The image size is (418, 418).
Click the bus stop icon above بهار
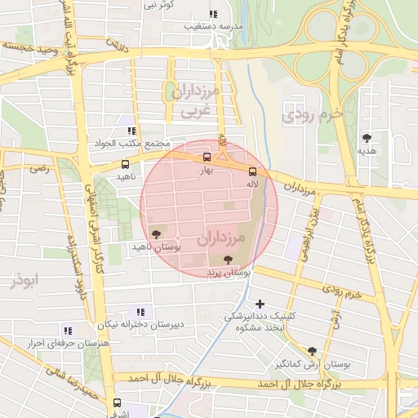click(206, 157)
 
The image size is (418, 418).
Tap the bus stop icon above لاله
click(252, 171)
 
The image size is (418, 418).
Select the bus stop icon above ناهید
click(124, 164)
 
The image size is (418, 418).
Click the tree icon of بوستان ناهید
click(156, 233)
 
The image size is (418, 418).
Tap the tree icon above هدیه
click(367, 137)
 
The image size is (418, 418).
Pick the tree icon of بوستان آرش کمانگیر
click(312, 351)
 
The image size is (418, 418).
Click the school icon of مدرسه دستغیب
click(213, 14)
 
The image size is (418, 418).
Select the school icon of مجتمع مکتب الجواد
click(131, 131)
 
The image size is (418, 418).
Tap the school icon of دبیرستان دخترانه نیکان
click(140, 311)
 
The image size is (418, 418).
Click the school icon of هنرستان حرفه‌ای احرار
click(67, 331)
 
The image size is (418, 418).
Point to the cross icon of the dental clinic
click(260, 304)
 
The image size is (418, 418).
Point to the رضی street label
click(39, 168)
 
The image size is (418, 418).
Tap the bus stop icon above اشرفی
click(116, 402)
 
